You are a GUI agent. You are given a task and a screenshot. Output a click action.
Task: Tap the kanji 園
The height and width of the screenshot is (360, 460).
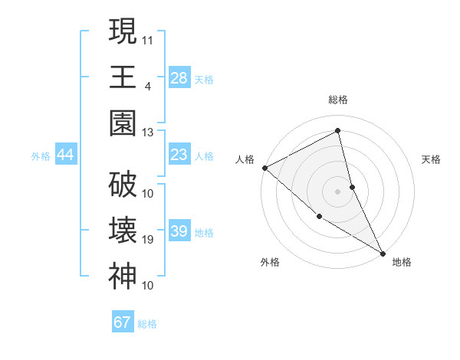pos(123,123)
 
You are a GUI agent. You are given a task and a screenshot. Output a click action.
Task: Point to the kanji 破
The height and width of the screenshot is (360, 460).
pos(123,185)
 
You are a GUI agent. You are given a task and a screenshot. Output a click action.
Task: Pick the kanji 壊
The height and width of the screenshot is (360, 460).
pos(123,231)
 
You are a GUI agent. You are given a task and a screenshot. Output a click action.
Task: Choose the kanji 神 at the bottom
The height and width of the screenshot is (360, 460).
pos(123,276)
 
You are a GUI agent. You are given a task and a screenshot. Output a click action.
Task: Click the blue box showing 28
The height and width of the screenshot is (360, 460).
pos(179,78)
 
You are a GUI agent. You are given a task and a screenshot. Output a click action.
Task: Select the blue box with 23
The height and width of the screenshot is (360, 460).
pos(179,155)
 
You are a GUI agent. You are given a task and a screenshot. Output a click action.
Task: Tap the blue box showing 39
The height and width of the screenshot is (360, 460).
pos(179,231)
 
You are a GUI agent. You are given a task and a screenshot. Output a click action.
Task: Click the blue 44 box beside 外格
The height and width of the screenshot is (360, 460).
pos(65,155)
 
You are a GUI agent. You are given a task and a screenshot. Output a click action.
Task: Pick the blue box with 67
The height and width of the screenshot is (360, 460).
pos(123,322)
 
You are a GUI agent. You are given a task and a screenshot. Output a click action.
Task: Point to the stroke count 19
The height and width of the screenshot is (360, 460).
pos(148,240)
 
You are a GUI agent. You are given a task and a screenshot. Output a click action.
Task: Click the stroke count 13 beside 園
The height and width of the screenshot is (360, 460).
pos(148,133)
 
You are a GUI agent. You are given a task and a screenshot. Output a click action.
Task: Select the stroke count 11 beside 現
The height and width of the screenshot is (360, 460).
pos(148,38)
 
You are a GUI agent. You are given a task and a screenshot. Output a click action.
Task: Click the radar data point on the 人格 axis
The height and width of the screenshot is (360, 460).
pos(264,168)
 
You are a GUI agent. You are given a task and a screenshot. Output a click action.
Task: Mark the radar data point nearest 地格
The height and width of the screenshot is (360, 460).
pos(382,253)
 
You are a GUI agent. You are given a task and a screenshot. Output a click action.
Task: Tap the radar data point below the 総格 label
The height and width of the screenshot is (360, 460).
pos(337,131)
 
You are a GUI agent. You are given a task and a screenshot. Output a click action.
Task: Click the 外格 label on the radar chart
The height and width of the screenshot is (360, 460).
pos(270,262)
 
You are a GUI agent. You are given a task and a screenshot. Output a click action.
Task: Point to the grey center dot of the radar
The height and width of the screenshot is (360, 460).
pos(337,191)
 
